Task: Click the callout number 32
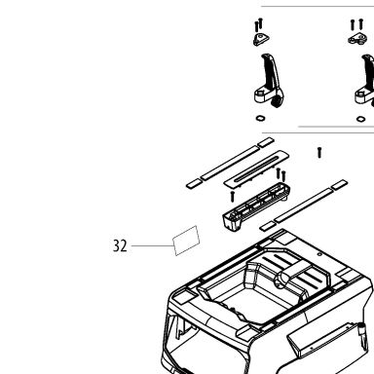[x=120, y=245]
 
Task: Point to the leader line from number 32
[x=153, y=245]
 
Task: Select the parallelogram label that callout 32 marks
[x=186, y=241]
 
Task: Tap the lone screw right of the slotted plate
[x=319, y=153]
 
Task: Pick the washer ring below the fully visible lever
[x=260, y=118]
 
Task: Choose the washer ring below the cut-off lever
[x=360, y=119]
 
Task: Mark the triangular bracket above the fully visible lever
[x=262, y=39]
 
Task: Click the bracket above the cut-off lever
[x=357, y=39]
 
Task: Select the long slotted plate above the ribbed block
[x=256, y=168]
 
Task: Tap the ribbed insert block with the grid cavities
[x=256, y=207]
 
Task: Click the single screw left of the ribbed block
[x=232, y=197]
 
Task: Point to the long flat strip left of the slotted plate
[x=230, y=163]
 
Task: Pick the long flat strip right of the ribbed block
[x=304, y=206]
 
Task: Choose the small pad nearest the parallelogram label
[x=195, y=184]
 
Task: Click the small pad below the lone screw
[x=339, y=185]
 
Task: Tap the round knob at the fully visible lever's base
[x=277, y=102]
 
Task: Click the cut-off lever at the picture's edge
[x=366, y=81]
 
